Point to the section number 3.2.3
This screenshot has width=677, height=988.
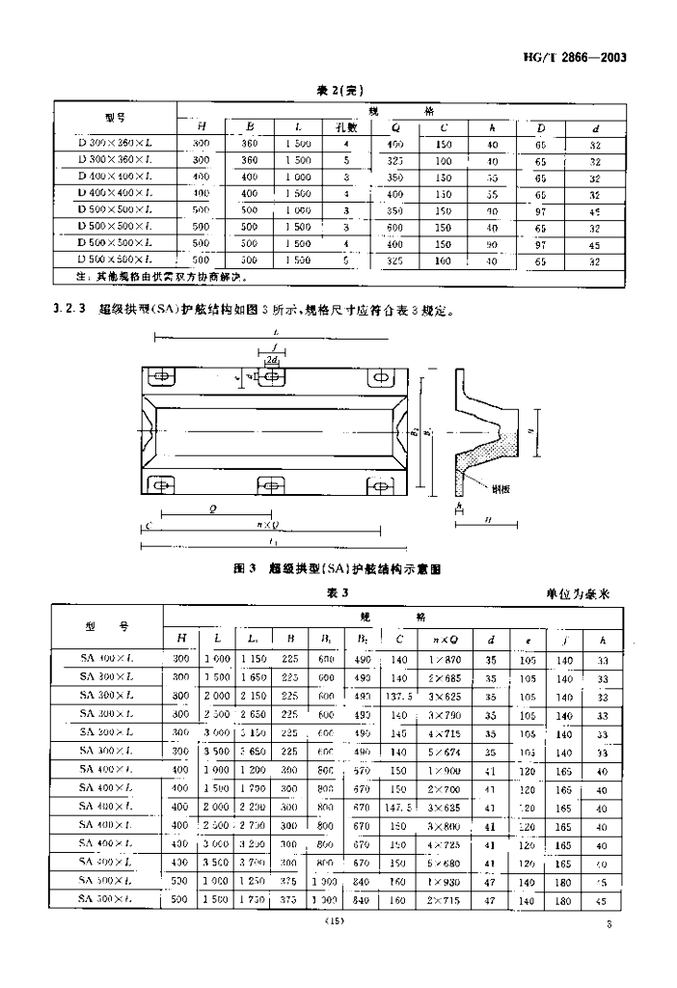point(68,311)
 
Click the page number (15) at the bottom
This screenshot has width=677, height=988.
point(337,923)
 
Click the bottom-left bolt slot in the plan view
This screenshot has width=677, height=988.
point(161,484)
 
